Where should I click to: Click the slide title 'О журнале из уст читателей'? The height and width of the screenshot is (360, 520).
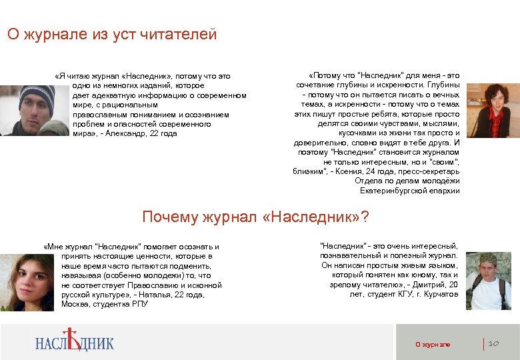(x=112, y=35)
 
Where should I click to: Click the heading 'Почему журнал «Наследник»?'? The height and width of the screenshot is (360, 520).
(x=255, y=217)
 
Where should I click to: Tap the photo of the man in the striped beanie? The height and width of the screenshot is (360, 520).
(x=27, y=110)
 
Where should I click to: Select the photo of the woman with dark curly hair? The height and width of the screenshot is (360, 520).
(x=492, y=105)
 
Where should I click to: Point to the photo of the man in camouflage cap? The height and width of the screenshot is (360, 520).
(x=488, y=281)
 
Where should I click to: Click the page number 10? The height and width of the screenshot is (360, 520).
(x=494, y=343)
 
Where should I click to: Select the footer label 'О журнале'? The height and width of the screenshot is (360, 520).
(x=433, y=344)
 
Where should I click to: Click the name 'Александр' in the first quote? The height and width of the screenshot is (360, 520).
(x=128, y=134)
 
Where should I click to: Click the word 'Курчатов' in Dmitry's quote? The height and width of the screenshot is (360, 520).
(x=441, y=295)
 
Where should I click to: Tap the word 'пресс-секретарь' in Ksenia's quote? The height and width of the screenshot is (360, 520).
(x=427, y=171)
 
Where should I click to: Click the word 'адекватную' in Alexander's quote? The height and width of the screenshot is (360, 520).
(x=104, y=95)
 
